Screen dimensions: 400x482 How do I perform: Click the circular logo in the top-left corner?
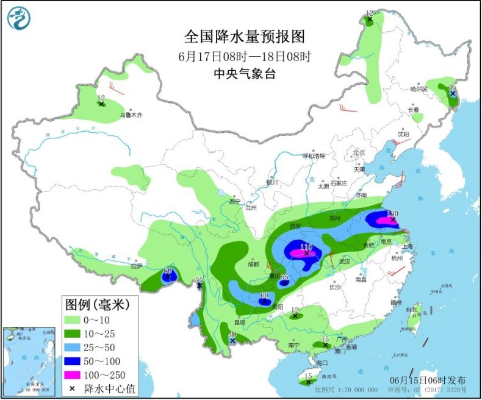pyautogui.click(x=19, y=18)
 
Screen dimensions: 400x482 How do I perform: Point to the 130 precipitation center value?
pyautogui.click(x=392, y=214)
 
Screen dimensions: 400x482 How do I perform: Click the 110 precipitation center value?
pyautogui.click(x=306, y=247)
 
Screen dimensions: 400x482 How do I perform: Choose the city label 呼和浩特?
pyautogui.click(x=315, y=155)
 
